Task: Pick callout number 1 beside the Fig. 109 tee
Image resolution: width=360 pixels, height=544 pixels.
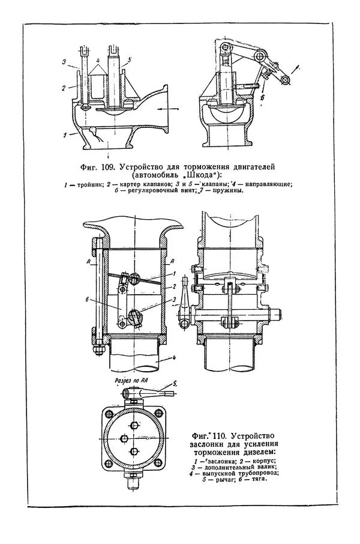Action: point(65,135)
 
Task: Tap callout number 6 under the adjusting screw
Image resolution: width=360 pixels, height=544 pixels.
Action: point(262,98)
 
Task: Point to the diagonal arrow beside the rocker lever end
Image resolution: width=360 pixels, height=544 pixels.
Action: point(295,70)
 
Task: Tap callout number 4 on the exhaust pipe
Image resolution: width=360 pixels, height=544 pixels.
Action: point(175,357)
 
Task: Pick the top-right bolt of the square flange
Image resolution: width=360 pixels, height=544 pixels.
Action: point(158,413)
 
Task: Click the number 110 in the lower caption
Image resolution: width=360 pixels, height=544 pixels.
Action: point(220,435)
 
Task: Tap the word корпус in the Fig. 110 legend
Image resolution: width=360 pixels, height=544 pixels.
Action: point(264,461)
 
